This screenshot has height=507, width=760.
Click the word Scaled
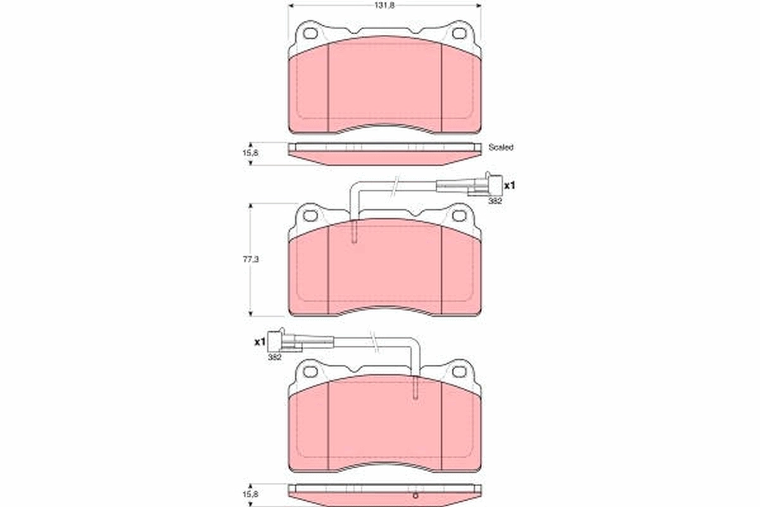pyautogui.click(x=500, y=147)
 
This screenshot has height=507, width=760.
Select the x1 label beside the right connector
pyautogui.click(x=510, y=186)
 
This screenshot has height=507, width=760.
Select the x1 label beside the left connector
pyautogui.click(x=258, y=342)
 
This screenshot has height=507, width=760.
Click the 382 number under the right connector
pyautogui.click(x=495, y=200)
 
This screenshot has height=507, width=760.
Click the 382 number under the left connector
pyautogui.click(x=274, y=357)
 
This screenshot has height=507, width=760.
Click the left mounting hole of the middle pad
pyautogui.click(x=310, y=215)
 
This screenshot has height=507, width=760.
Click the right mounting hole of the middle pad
pyautogui.click(x=459, y=215)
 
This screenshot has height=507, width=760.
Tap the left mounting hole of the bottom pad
pyautogui.click(x=310, y=371)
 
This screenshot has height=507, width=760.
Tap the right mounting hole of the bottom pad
pyautogui.click(x=459, y=371)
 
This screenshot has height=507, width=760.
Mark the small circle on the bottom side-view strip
pyautogui.click(x=415, y=495)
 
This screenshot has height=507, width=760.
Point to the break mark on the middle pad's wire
pyautogui.click(x=395, y=185)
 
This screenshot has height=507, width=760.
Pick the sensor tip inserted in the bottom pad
pyautogui.click(x=415, y=388)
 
